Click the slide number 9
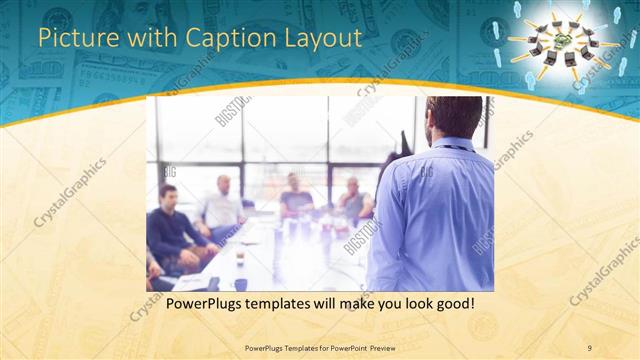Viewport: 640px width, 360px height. (x=589, y=347)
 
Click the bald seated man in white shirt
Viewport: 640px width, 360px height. (x=223, y=205)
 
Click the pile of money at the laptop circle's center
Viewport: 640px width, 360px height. (x=564, y=39)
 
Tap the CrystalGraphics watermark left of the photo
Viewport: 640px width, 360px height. (x=70, y=191)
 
